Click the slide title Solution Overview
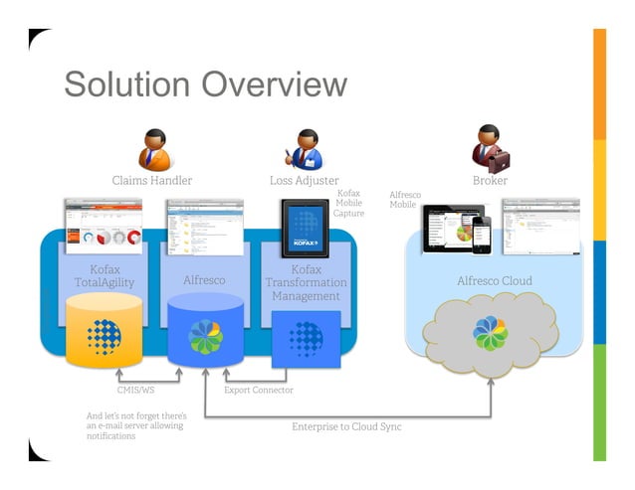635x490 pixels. click(205, 84)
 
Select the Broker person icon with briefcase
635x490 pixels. click(489, 148)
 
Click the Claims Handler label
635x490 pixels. click(152, 181)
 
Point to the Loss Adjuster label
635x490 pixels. click(305, 181)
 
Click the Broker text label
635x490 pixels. click(490, 181)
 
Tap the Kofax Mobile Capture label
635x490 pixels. click(348, 203)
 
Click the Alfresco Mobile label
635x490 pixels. click(403, 200)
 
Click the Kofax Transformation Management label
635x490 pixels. click(306, 282)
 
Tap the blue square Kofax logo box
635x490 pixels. click(306, 336)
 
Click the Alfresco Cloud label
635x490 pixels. click(495, 280)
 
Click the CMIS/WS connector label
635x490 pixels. click(135, 391)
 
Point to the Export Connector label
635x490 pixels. click(259, 391)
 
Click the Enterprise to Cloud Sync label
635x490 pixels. click(346, 426)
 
